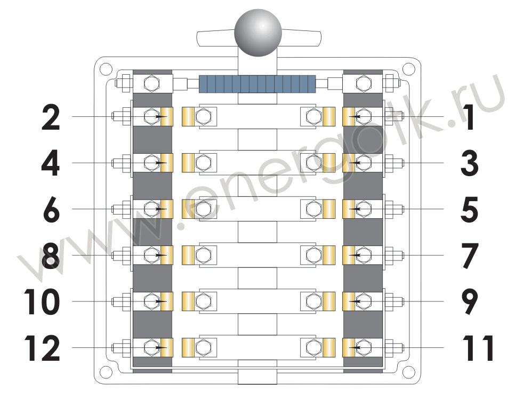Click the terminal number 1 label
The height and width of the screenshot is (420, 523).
coord(470,117)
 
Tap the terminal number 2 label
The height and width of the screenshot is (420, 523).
coord(51,117)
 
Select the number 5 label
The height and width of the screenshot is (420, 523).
coord(469,210)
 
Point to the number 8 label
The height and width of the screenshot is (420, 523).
coord(51,256)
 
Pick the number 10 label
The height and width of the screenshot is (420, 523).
coord(42,302)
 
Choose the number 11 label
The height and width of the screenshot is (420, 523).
coord(478,348)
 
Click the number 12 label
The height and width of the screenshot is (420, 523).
coord(42,348)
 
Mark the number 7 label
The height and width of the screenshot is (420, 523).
coord(470,256)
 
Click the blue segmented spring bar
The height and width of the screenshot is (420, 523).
coord(257,84)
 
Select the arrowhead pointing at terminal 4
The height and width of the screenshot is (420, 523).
coord(162,163)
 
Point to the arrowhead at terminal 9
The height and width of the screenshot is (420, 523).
coord(354,302)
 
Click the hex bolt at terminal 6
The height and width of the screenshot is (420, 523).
coord(152,209)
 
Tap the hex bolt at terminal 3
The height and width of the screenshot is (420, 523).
coord(364,163)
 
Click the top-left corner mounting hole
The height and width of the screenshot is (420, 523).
coord(106,69)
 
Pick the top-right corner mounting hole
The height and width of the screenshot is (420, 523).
coord(408,69)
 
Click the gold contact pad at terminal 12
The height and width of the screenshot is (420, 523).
coord(167,347)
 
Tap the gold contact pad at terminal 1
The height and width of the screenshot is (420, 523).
coord(349,117)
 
